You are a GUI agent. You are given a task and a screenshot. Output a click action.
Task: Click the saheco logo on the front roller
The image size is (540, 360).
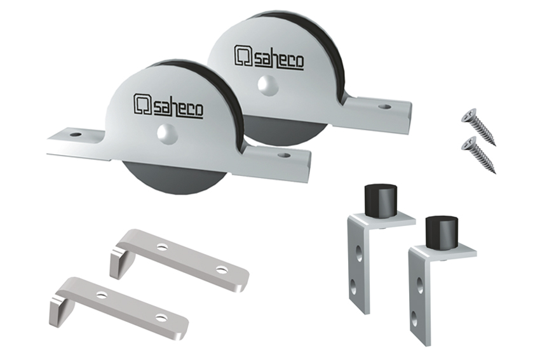(x=168, y=105)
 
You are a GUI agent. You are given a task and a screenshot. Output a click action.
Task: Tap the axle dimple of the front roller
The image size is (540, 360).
(x=166, y=133)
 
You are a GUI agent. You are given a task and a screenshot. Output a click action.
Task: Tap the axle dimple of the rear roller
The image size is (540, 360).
(x=267, y=85)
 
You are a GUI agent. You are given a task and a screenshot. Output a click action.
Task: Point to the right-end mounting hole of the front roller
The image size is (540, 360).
(x=284, y=155)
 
